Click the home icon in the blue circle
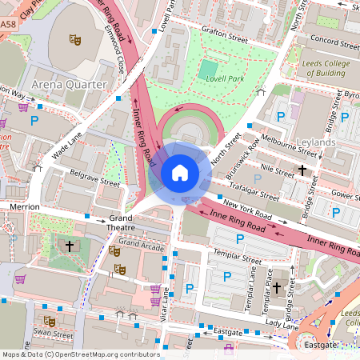point(180,171)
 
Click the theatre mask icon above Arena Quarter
point(74,38)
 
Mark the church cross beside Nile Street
point(302,170)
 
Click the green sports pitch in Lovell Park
point(208,70)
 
